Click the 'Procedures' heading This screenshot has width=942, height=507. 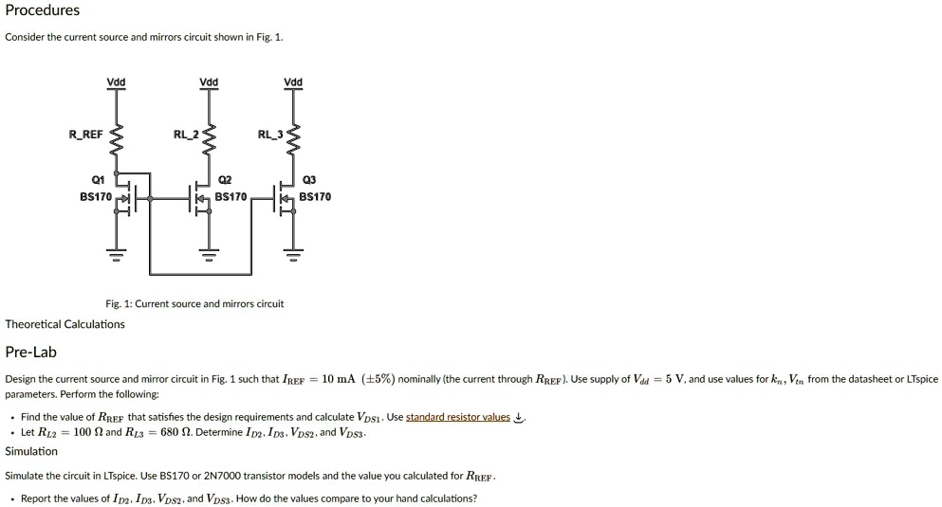coord(43,10)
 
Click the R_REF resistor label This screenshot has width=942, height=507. coord(85,135)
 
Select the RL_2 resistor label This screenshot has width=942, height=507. coord(186,135)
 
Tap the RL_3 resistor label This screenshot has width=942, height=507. coord(270,135)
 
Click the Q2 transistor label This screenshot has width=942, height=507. coord(225,180)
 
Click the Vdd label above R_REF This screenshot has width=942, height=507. coord(116,82)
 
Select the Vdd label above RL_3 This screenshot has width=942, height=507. coord(293,82)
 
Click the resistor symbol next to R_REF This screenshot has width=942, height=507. coord(116,140)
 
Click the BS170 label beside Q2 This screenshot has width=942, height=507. coord(231,197)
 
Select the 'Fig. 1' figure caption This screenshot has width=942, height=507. coord(194,304)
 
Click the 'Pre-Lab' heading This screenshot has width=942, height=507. coord(31,353)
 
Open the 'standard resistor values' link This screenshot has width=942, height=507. coord(458,417)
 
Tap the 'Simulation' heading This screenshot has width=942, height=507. coord(31,451)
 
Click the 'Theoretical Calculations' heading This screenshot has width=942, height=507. coord(65,324)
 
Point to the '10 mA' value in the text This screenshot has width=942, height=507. coord(339,379)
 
